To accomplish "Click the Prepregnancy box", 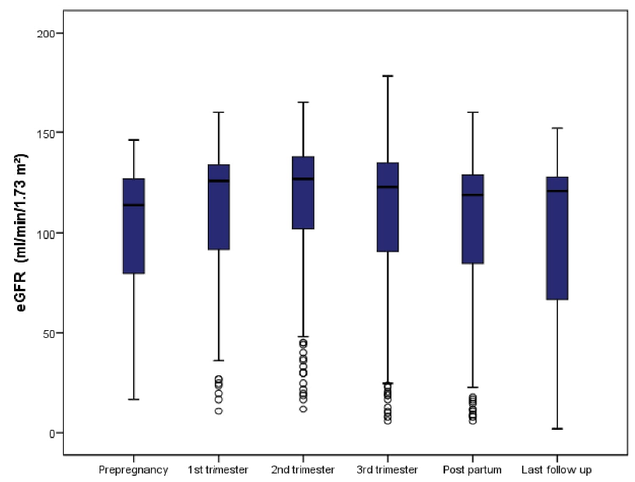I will click(134, 226).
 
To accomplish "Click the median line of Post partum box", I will click(472, 195).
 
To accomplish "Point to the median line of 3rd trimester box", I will click(388, 187).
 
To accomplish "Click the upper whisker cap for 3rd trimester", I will click(388, 76).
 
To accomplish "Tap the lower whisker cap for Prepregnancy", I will click(134, 399).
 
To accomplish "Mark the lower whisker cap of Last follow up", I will click(557, 428).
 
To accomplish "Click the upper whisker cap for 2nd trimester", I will click(303, 102).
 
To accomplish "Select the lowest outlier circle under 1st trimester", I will click(219, 410).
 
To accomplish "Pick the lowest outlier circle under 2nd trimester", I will click(303, 409).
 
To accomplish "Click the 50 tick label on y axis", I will click(50, 333).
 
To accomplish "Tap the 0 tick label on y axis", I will click(53, 433).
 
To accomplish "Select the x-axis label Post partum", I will click(472, 470).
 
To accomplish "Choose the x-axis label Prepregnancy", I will click(133, 470).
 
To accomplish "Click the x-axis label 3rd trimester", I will click(388, 470).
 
